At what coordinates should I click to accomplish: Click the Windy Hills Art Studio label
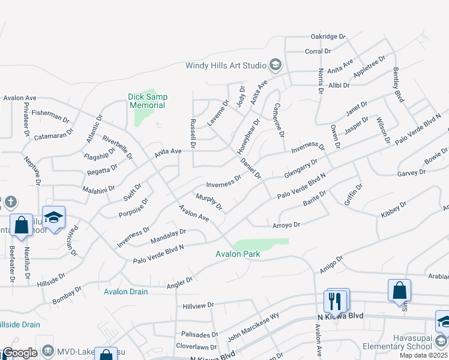[x=226, y=65]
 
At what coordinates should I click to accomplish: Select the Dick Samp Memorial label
[x=148, y=101]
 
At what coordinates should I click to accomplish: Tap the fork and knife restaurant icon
[x=335, y=300]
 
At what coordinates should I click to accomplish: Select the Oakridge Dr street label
[x=328, y=37]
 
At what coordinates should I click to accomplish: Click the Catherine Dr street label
[x=279, y=119]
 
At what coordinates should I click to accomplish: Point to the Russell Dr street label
[x=193, y=133]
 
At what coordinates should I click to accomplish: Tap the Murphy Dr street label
[x=209, y=202]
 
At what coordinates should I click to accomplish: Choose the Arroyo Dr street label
[x=286, y=224]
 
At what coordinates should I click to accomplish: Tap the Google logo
[x=20, y=353]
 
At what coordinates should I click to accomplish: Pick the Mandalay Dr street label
[x=168, y=232]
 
